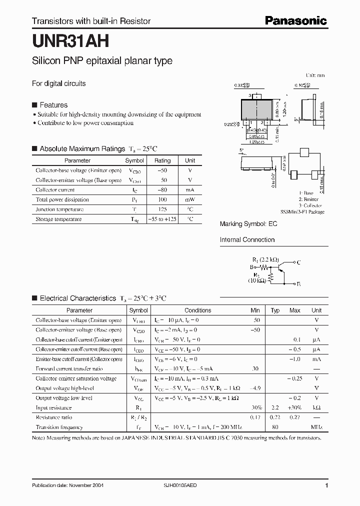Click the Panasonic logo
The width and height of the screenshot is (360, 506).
point(295,20)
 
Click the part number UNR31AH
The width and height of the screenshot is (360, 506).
point(68,39)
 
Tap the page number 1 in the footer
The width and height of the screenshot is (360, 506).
point(326,485)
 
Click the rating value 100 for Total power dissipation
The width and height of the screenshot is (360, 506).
point(162,199)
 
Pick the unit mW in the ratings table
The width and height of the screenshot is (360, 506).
point(190,199)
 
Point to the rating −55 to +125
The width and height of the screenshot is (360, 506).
point(162,219)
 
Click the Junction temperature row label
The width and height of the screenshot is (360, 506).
point(59,209)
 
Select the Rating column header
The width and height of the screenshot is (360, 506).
point(162,160)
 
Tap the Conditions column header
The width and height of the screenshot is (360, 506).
point(198,310)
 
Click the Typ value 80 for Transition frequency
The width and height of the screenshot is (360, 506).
point(275,427)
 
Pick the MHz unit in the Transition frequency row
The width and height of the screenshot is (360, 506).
point(316,427)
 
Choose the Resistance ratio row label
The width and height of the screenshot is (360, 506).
point(53,417)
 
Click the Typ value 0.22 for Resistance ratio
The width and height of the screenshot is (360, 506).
point(275,417)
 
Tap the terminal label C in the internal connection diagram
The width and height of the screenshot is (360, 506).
point(298,261)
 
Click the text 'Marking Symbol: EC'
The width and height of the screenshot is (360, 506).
point(248,224)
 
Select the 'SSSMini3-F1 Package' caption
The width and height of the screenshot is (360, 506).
point(302,212)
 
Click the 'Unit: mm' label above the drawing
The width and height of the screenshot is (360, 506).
point(315,75)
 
